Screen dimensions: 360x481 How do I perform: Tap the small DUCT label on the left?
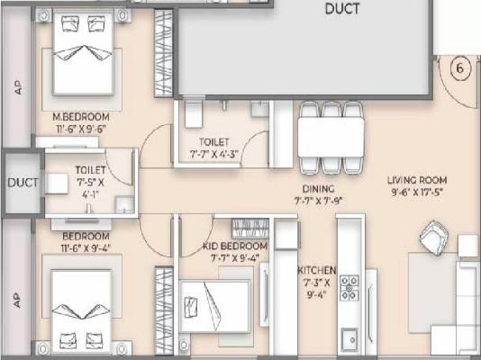click(x=23, y=182)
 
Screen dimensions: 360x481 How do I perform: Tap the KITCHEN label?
click(x=318, y=270)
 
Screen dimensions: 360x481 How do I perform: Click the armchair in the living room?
click(x=435, y=238)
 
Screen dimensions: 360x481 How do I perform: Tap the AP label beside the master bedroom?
click(x=17, y=87)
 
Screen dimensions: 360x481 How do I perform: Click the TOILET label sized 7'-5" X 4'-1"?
click(x=90, y=168)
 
